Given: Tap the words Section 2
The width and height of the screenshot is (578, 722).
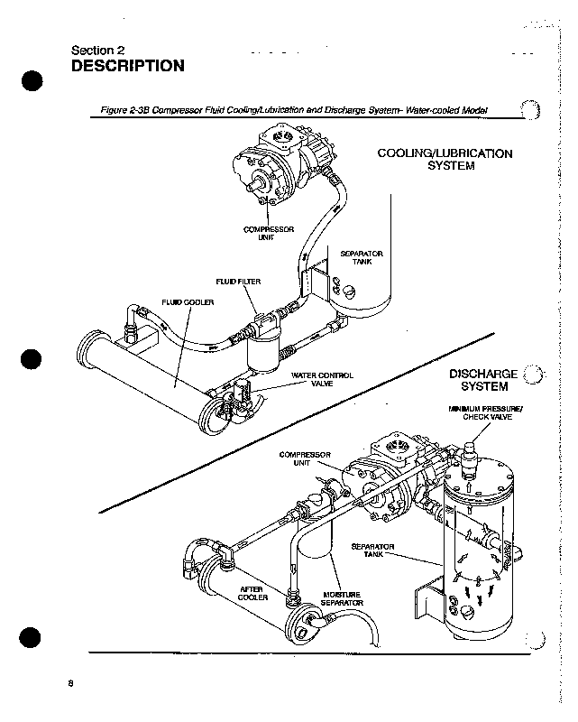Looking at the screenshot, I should point(96,50).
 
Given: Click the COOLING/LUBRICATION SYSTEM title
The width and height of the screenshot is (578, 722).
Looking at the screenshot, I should point(445,160).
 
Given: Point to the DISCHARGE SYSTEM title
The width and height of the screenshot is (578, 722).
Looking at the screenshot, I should point(483,380).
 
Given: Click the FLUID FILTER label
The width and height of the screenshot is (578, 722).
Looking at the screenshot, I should point(238,282).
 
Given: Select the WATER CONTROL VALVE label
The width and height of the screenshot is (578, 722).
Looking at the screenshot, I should point(322,378).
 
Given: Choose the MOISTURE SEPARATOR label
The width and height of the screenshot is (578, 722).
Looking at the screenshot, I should point(342,599).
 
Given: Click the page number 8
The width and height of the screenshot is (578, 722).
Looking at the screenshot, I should point(70,682).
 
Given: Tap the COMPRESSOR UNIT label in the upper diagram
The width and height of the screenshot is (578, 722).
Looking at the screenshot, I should point(270,234).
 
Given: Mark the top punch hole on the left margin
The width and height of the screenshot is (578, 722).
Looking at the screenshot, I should point(32,80).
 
